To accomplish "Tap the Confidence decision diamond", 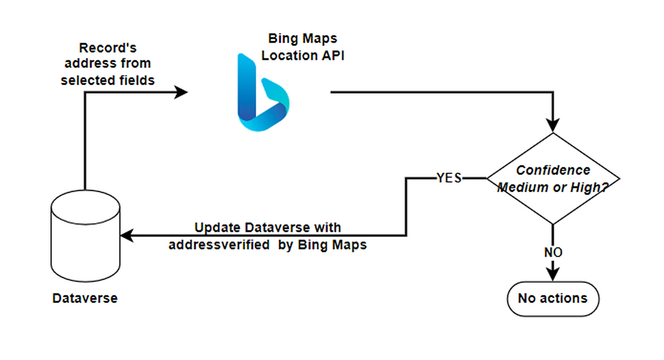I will click(x=553, y=179).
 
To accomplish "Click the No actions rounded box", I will click(x=552, y=298).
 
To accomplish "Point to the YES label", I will click(x=449, y=178).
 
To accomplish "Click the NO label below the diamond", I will click(x=553, y=252).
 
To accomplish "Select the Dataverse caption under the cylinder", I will click(x=85, y=299).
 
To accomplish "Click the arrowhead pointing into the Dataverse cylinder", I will click(x=126, y=235).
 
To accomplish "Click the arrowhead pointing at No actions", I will click(x=553, y=275).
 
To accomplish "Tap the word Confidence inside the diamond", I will click(x=553, y=170).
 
